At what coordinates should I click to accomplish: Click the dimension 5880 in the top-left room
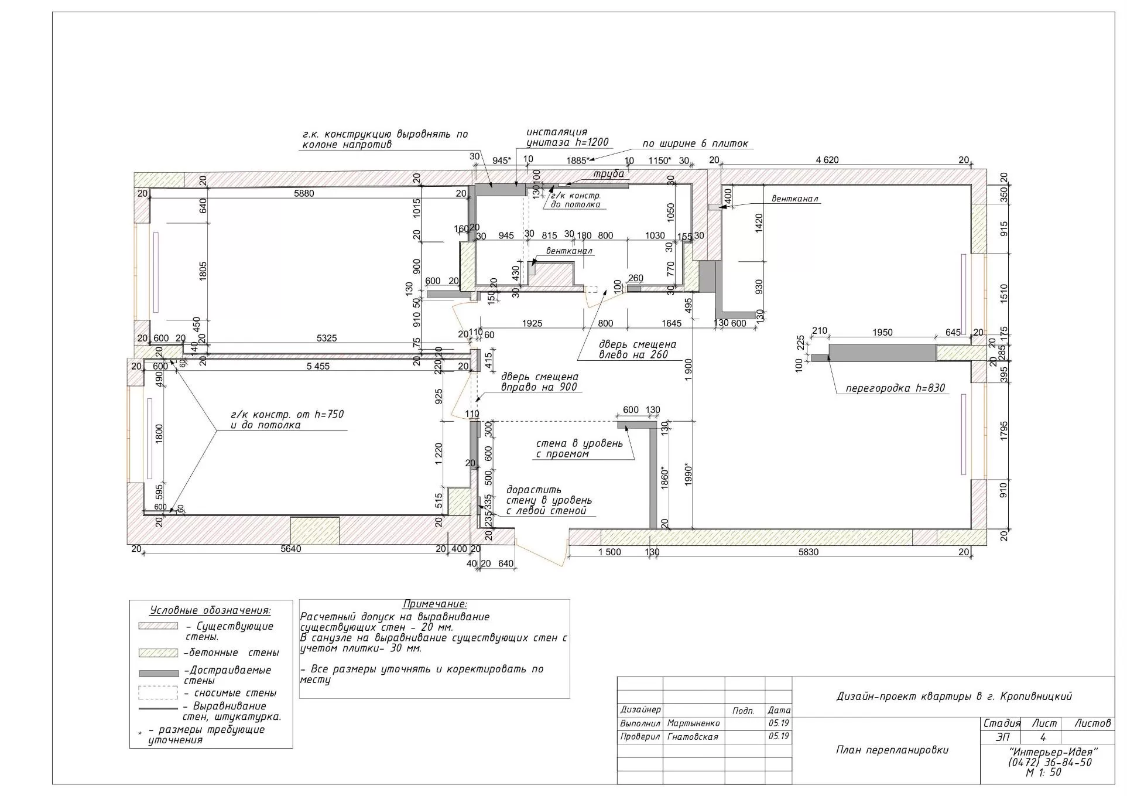click(x=303, y=193)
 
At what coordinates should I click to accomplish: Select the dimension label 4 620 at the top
click(x=827, y=160)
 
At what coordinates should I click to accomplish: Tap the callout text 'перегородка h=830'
click(x=895, y=388)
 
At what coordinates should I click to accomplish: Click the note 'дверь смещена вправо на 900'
click(x=539, y=382)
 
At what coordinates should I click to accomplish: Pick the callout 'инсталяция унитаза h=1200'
click(x=567, y=137)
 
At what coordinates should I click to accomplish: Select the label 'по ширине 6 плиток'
click(x=695, y=144)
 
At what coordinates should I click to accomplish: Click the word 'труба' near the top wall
click(x=609, y=174)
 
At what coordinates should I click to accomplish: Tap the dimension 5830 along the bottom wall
click(x=809, y=552)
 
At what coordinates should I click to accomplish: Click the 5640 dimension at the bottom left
click(x=291, y=549)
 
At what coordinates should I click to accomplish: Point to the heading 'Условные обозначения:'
click(x=210, y=610)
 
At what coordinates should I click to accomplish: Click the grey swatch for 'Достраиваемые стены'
click(x=158, y=674)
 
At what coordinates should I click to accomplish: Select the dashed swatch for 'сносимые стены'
click(x=158, y=693)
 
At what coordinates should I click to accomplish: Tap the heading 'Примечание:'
click(x=434, y=604)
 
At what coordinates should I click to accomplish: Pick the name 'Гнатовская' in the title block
click(x=693, y=737)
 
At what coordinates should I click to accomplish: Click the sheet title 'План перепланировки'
click(x=892, y=750)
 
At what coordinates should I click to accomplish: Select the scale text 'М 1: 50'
click(x=1043, y=773)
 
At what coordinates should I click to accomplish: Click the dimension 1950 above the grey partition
click(x=882, y=333)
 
